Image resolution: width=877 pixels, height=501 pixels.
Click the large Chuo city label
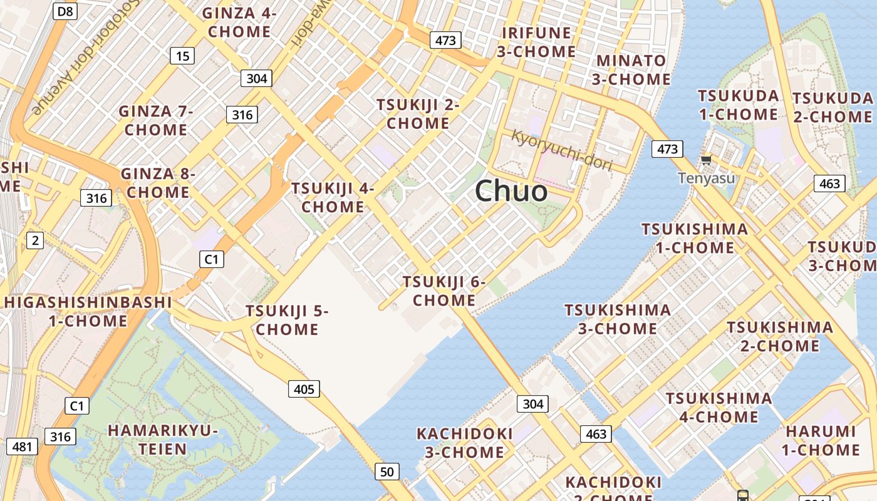511,190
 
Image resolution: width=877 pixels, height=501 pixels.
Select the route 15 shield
182,56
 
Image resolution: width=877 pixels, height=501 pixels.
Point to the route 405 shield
304,389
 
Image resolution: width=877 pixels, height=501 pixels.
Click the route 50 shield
387,472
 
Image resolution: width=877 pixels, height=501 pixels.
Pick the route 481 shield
22,447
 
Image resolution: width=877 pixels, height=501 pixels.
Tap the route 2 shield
35,240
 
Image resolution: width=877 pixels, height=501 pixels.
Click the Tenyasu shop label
707,178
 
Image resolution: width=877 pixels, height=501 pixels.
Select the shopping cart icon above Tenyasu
707,160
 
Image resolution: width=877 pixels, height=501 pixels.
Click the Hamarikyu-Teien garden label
163,440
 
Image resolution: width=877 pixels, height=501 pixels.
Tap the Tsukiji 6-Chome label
444,291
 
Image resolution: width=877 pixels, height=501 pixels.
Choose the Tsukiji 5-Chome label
287,319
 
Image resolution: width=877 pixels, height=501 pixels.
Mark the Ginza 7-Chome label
155,121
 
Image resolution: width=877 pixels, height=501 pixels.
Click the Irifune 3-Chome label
537,42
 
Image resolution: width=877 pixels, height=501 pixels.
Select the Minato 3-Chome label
631,70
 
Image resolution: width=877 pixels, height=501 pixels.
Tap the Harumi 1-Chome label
821,440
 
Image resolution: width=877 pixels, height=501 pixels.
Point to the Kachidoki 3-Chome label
465,443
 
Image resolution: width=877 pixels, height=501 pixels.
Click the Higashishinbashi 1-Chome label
88,311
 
